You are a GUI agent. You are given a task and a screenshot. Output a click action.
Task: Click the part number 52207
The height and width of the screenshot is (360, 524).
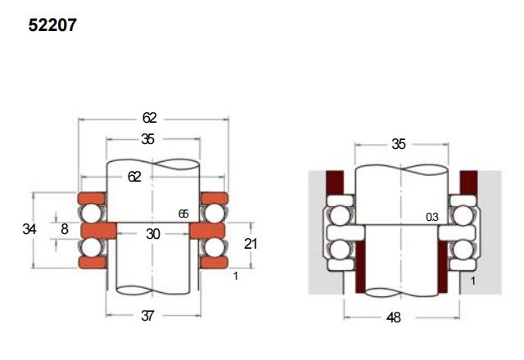pyautogui.click(x=52, y=25)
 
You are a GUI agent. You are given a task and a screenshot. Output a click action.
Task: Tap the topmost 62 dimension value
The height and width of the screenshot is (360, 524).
pyautogui.click(x=149, y=118)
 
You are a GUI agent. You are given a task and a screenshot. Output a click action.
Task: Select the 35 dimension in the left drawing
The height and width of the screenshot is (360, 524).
pyautogui.click(x=147, y=139)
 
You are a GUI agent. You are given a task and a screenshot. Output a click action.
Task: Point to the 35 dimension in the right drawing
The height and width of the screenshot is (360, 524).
pyautogui.click(x=399, y=144)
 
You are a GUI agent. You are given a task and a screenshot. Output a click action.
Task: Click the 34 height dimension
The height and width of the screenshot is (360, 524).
pyautogui.click(x=29, y=229)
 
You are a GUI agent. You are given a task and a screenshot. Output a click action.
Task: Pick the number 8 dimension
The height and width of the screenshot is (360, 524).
pyautogui.click(x=65, y=229)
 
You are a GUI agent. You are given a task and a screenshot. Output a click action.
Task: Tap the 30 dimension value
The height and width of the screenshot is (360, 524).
pyautogui.click(x=153, y=234)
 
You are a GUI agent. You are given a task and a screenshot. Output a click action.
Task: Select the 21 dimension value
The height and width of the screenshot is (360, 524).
pyautogui.click(x=251, y=244)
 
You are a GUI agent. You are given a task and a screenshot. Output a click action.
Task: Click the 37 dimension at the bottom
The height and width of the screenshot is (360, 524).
pyautogui.click(x=147, y=316)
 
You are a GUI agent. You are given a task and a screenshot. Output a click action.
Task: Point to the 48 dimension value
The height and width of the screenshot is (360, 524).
pyautogui.click(x=394, y=317)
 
